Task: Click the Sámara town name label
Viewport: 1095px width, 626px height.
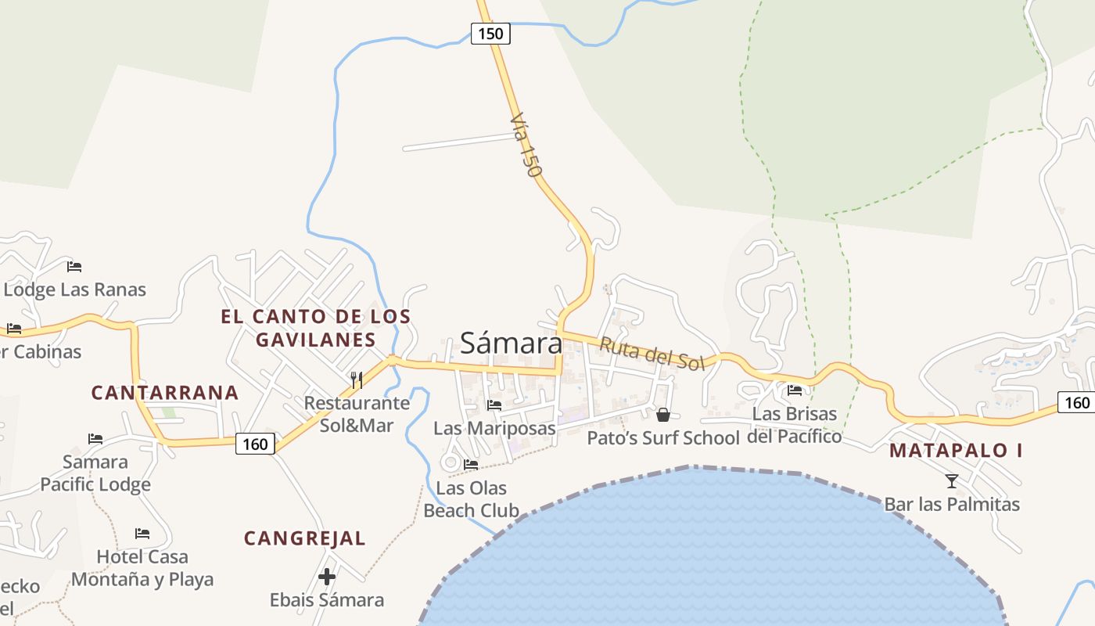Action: click(x=511, y=343)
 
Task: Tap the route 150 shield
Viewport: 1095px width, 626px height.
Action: click(x=490, y=34)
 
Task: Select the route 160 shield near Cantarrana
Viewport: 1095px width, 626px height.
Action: click(x=255, y=444)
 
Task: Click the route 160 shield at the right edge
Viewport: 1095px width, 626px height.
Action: click(x=1077, y=402)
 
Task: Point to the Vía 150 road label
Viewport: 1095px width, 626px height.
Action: click(x=526, y=145)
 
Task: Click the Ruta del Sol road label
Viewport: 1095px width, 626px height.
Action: click(x=652, y=354)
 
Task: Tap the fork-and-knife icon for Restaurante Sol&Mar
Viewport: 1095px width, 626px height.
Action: click(x=357, y=380)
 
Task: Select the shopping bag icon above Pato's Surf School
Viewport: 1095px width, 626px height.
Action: click(x=663, y=414)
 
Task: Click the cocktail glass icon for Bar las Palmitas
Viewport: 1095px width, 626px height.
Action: click(x=952, y=480)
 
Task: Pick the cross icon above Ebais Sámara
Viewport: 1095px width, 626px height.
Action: click(x=327, y=577)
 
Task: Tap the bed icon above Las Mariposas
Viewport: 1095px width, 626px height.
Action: click(x=494, y=405)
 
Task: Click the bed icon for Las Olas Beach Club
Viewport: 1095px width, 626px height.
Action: click(x=471, y=465)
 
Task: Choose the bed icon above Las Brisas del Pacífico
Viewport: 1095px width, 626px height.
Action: click(x=795, y=390)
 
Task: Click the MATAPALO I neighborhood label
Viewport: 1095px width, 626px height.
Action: click(x=956, y=451)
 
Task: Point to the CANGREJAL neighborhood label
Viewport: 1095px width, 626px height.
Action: click(x=304, y=538)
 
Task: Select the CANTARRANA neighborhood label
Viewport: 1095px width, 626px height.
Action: click(x=164, y=393)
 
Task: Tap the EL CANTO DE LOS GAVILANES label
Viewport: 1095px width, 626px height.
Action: click(x=315, y=328)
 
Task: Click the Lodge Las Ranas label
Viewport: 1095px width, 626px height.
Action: click(x=75, y=290)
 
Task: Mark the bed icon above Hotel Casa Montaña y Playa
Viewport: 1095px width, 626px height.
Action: click(x=142, y=534)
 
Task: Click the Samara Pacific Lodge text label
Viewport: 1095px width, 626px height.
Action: click(x=95, y=473)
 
